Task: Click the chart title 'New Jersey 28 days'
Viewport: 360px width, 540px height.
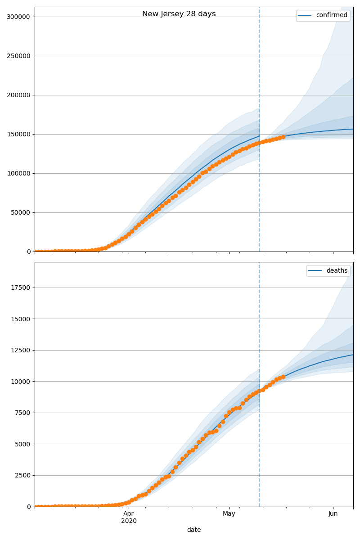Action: (x=179, y=14)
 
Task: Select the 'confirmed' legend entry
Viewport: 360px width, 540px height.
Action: (x=332, y=15)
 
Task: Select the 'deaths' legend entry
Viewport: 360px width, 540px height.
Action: (x=337, y=270)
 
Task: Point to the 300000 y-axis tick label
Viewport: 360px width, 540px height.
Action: (x=18, y=17)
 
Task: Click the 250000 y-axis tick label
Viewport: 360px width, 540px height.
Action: (x=18, y=56)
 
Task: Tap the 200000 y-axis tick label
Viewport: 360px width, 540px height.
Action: (x=18, y=95)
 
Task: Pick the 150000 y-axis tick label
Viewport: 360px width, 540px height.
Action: (x=18, y=135)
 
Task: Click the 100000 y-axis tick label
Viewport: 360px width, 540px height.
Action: (x=18, y=174)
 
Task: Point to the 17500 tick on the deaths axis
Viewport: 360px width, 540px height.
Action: (x=20, y=288)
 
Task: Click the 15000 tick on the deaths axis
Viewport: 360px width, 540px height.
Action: (x=20, y=319)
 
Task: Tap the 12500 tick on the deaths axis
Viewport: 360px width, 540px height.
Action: (x=20, y=351)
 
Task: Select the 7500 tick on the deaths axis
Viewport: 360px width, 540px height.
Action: (x=21, y=413)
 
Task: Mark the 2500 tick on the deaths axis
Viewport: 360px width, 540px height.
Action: (x=21, y=476)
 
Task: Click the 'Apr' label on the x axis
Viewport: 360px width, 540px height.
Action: (x=129, y=513)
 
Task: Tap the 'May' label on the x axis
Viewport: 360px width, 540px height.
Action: (x=229, y=513)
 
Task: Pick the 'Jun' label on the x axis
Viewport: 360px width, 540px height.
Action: (x=333, y=513)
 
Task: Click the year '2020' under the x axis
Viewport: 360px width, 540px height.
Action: (x=129, y=521)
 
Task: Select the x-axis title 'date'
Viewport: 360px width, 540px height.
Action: (x=194, y=530)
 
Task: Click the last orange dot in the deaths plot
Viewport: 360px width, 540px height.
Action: (x=283, y=377)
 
